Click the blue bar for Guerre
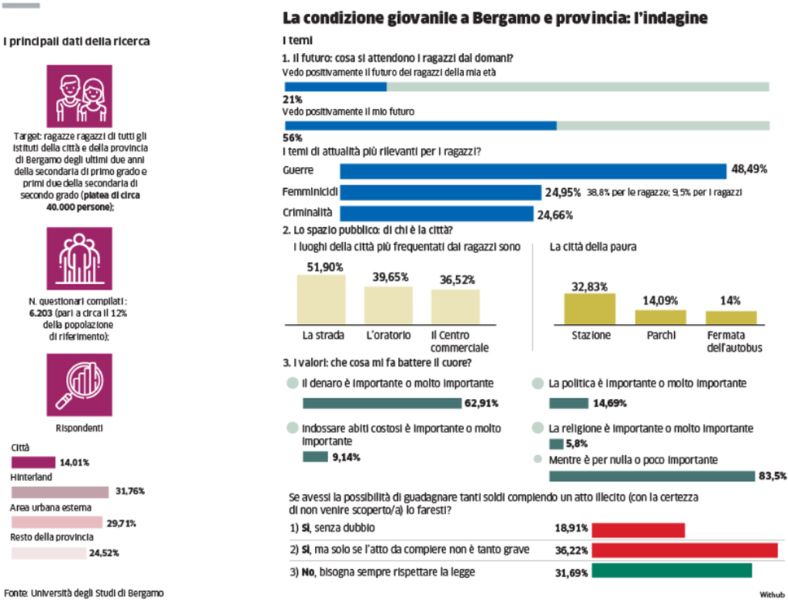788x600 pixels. pos(532,171)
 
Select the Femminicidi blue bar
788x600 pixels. pos(440,192)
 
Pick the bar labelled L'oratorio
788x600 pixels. pos(387,305)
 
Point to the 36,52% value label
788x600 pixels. pos(455,279)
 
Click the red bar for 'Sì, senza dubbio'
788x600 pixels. pos(637,530)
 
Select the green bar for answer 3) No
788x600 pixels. pos(671,571)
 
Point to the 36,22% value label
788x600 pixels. pos(570,550)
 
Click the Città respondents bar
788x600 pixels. pos(33,462)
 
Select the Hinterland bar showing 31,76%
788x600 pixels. pos(59,492)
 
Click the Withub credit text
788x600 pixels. pos(772,593)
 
